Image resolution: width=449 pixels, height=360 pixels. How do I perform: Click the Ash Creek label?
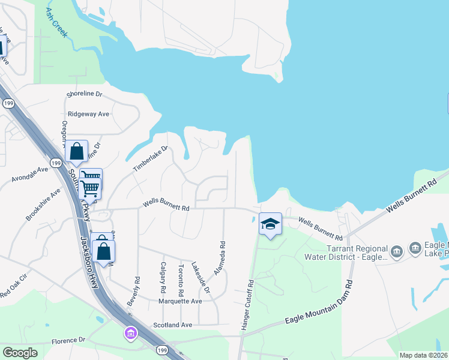click(x=56, y=23)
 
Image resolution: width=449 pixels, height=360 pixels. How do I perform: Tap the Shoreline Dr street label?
click(x=85, y=95)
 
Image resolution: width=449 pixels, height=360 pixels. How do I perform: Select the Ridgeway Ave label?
click(x=88, y=113)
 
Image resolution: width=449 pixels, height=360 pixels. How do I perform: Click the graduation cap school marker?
click(x=270, y=224)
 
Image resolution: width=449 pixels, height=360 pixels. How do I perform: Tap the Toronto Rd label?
click(x=180, y=278)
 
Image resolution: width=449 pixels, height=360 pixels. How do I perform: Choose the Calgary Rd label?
click(x=163, y=277)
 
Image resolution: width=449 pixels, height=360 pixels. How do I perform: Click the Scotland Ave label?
click(x=172, y=325)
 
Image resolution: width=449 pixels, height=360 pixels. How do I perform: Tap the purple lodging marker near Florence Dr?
click(x=130, y=332)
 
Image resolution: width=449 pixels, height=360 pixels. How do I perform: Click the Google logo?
click(x=20, y=352)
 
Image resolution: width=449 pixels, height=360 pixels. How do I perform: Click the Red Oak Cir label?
click(x=13, y=292)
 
